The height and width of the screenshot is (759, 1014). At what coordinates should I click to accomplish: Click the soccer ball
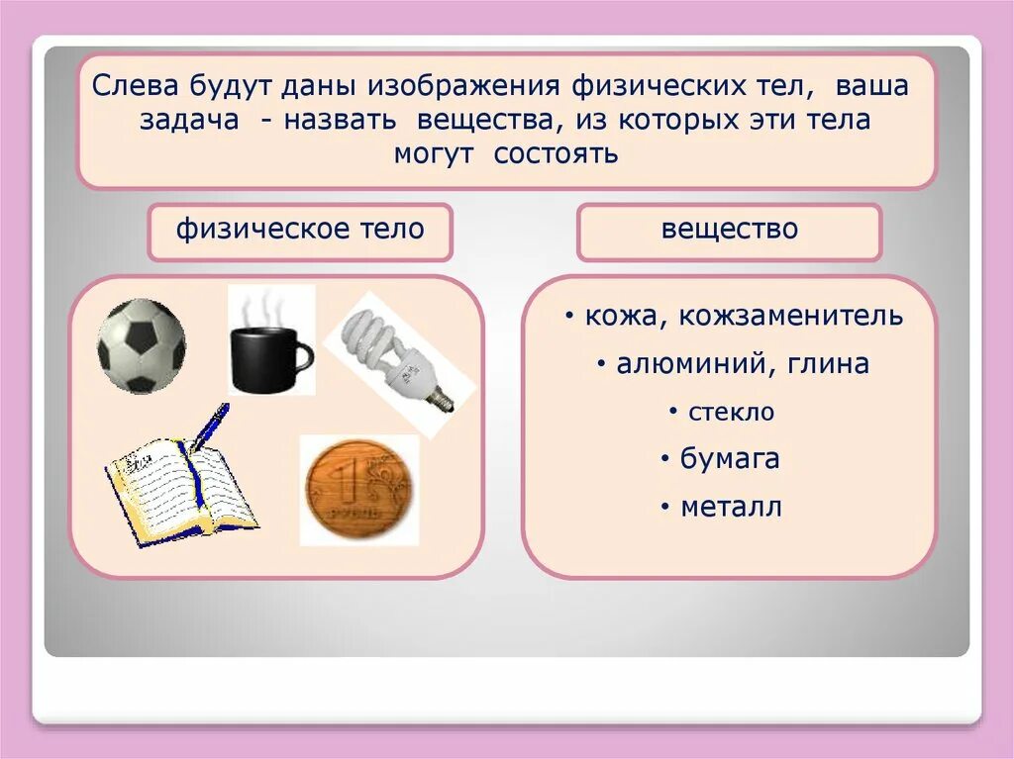141,346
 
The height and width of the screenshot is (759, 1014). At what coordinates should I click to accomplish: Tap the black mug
263,358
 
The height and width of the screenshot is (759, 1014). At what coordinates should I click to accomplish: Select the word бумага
730,458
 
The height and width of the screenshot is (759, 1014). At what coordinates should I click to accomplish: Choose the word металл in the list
731,507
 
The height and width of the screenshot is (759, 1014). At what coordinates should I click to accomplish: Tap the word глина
829,363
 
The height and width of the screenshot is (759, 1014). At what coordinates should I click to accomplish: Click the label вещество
730,230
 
